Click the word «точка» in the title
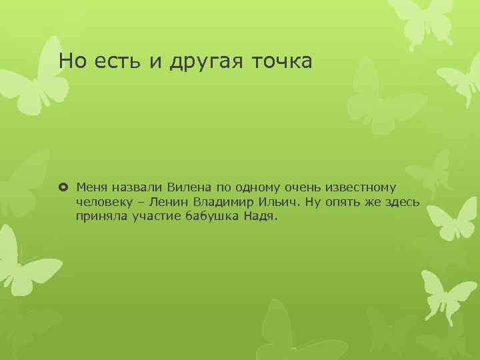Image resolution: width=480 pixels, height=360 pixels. (x=281, y=62)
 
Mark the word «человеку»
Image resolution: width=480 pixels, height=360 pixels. (x=104, y=201)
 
